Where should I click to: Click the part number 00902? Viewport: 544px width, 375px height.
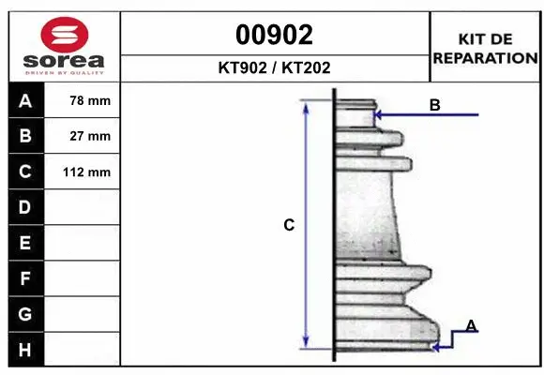(274, 35)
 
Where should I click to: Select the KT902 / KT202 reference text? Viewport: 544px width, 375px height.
(274, 68)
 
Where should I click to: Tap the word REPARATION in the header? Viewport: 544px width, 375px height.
(486, 57)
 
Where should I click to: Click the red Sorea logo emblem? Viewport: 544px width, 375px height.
(65, 34)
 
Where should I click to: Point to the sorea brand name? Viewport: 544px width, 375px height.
(65, 61)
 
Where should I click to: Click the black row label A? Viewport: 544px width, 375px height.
(25, 100)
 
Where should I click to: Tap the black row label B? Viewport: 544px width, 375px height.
(25, 136)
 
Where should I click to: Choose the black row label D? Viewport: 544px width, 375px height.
(25, 207)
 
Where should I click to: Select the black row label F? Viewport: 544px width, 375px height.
(25, 278)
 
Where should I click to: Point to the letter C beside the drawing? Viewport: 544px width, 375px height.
(290, 225)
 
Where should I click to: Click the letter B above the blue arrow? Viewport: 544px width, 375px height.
(434, 105)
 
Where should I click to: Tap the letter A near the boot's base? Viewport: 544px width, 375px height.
(471, 325)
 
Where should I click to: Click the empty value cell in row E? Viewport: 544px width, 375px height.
(83, 243)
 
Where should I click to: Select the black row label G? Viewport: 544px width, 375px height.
(25, 314)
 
